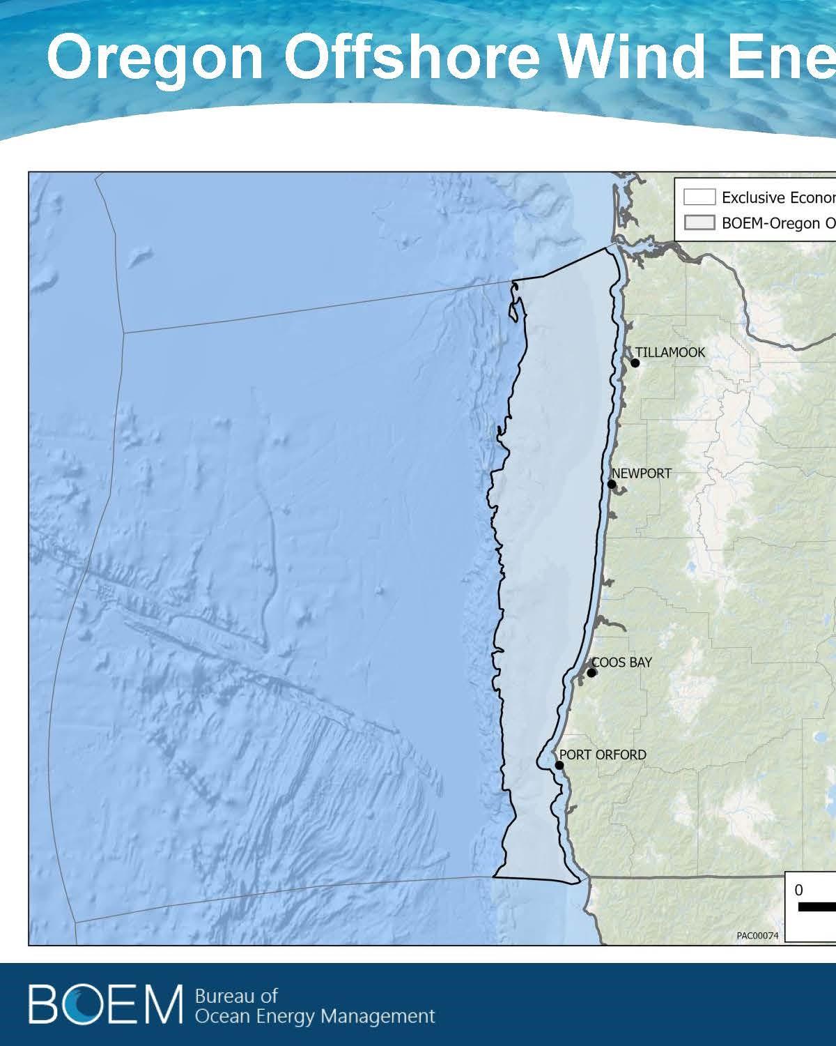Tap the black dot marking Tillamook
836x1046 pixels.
(x=635, y=363)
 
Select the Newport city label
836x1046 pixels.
(x=642, y=473)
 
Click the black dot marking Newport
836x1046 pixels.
(x=612, y=484)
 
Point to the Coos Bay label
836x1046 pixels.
(x=621, y=662)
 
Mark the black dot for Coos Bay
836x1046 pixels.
(x=591, y=673)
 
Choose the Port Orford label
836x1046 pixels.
(x=603, y=755)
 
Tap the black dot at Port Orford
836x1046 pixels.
(x=559, y=765)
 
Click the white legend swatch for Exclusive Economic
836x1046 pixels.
(x=699, y=197)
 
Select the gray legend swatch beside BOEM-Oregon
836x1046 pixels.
(x=699, y=223)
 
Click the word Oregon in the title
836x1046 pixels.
(x=155, y=60)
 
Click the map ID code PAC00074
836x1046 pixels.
(x=757, y=936)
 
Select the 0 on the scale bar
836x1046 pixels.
(x=798, y=890)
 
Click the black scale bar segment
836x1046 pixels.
(x=816, y=907)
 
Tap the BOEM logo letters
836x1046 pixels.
(x=104, y=1005)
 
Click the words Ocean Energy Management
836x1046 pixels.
(x=315, y=1016)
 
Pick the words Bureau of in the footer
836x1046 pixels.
(x=237, y=996)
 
